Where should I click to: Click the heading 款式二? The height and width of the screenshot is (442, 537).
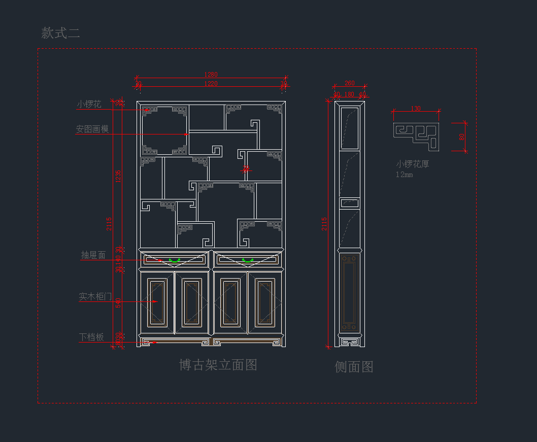coord(61,33)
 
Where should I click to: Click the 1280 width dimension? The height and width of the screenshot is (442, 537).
coord(211,75)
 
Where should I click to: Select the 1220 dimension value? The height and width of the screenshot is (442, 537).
coord(211,84)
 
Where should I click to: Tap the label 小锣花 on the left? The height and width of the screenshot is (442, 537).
coord(89,105)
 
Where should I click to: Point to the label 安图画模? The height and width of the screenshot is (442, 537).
coord(92,129)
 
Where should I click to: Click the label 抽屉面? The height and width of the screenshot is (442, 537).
coord(93,255)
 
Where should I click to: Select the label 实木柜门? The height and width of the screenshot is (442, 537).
coord(95,296)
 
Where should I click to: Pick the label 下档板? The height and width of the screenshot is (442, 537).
coord(91,337)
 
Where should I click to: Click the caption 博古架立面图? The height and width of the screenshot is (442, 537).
coord(218,365)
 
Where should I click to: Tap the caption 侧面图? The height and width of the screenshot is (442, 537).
coord(354,367)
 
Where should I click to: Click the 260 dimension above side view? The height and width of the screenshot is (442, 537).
coord(349,83)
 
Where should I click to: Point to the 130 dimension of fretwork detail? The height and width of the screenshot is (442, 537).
coord(415,109)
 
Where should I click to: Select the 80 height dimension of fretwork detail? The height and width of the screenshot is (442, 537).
coord(461,137)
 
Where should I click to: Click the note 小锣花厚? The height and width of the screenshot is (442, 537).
coord(413,164)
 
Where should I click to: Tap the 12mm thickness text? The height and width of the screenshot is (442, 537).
coord(405,175)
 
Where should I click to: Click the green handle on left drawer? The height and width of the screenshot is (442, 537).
coord(175,260)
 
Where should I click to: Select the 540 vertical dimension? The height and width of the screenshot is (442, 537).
coord(118,302)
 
